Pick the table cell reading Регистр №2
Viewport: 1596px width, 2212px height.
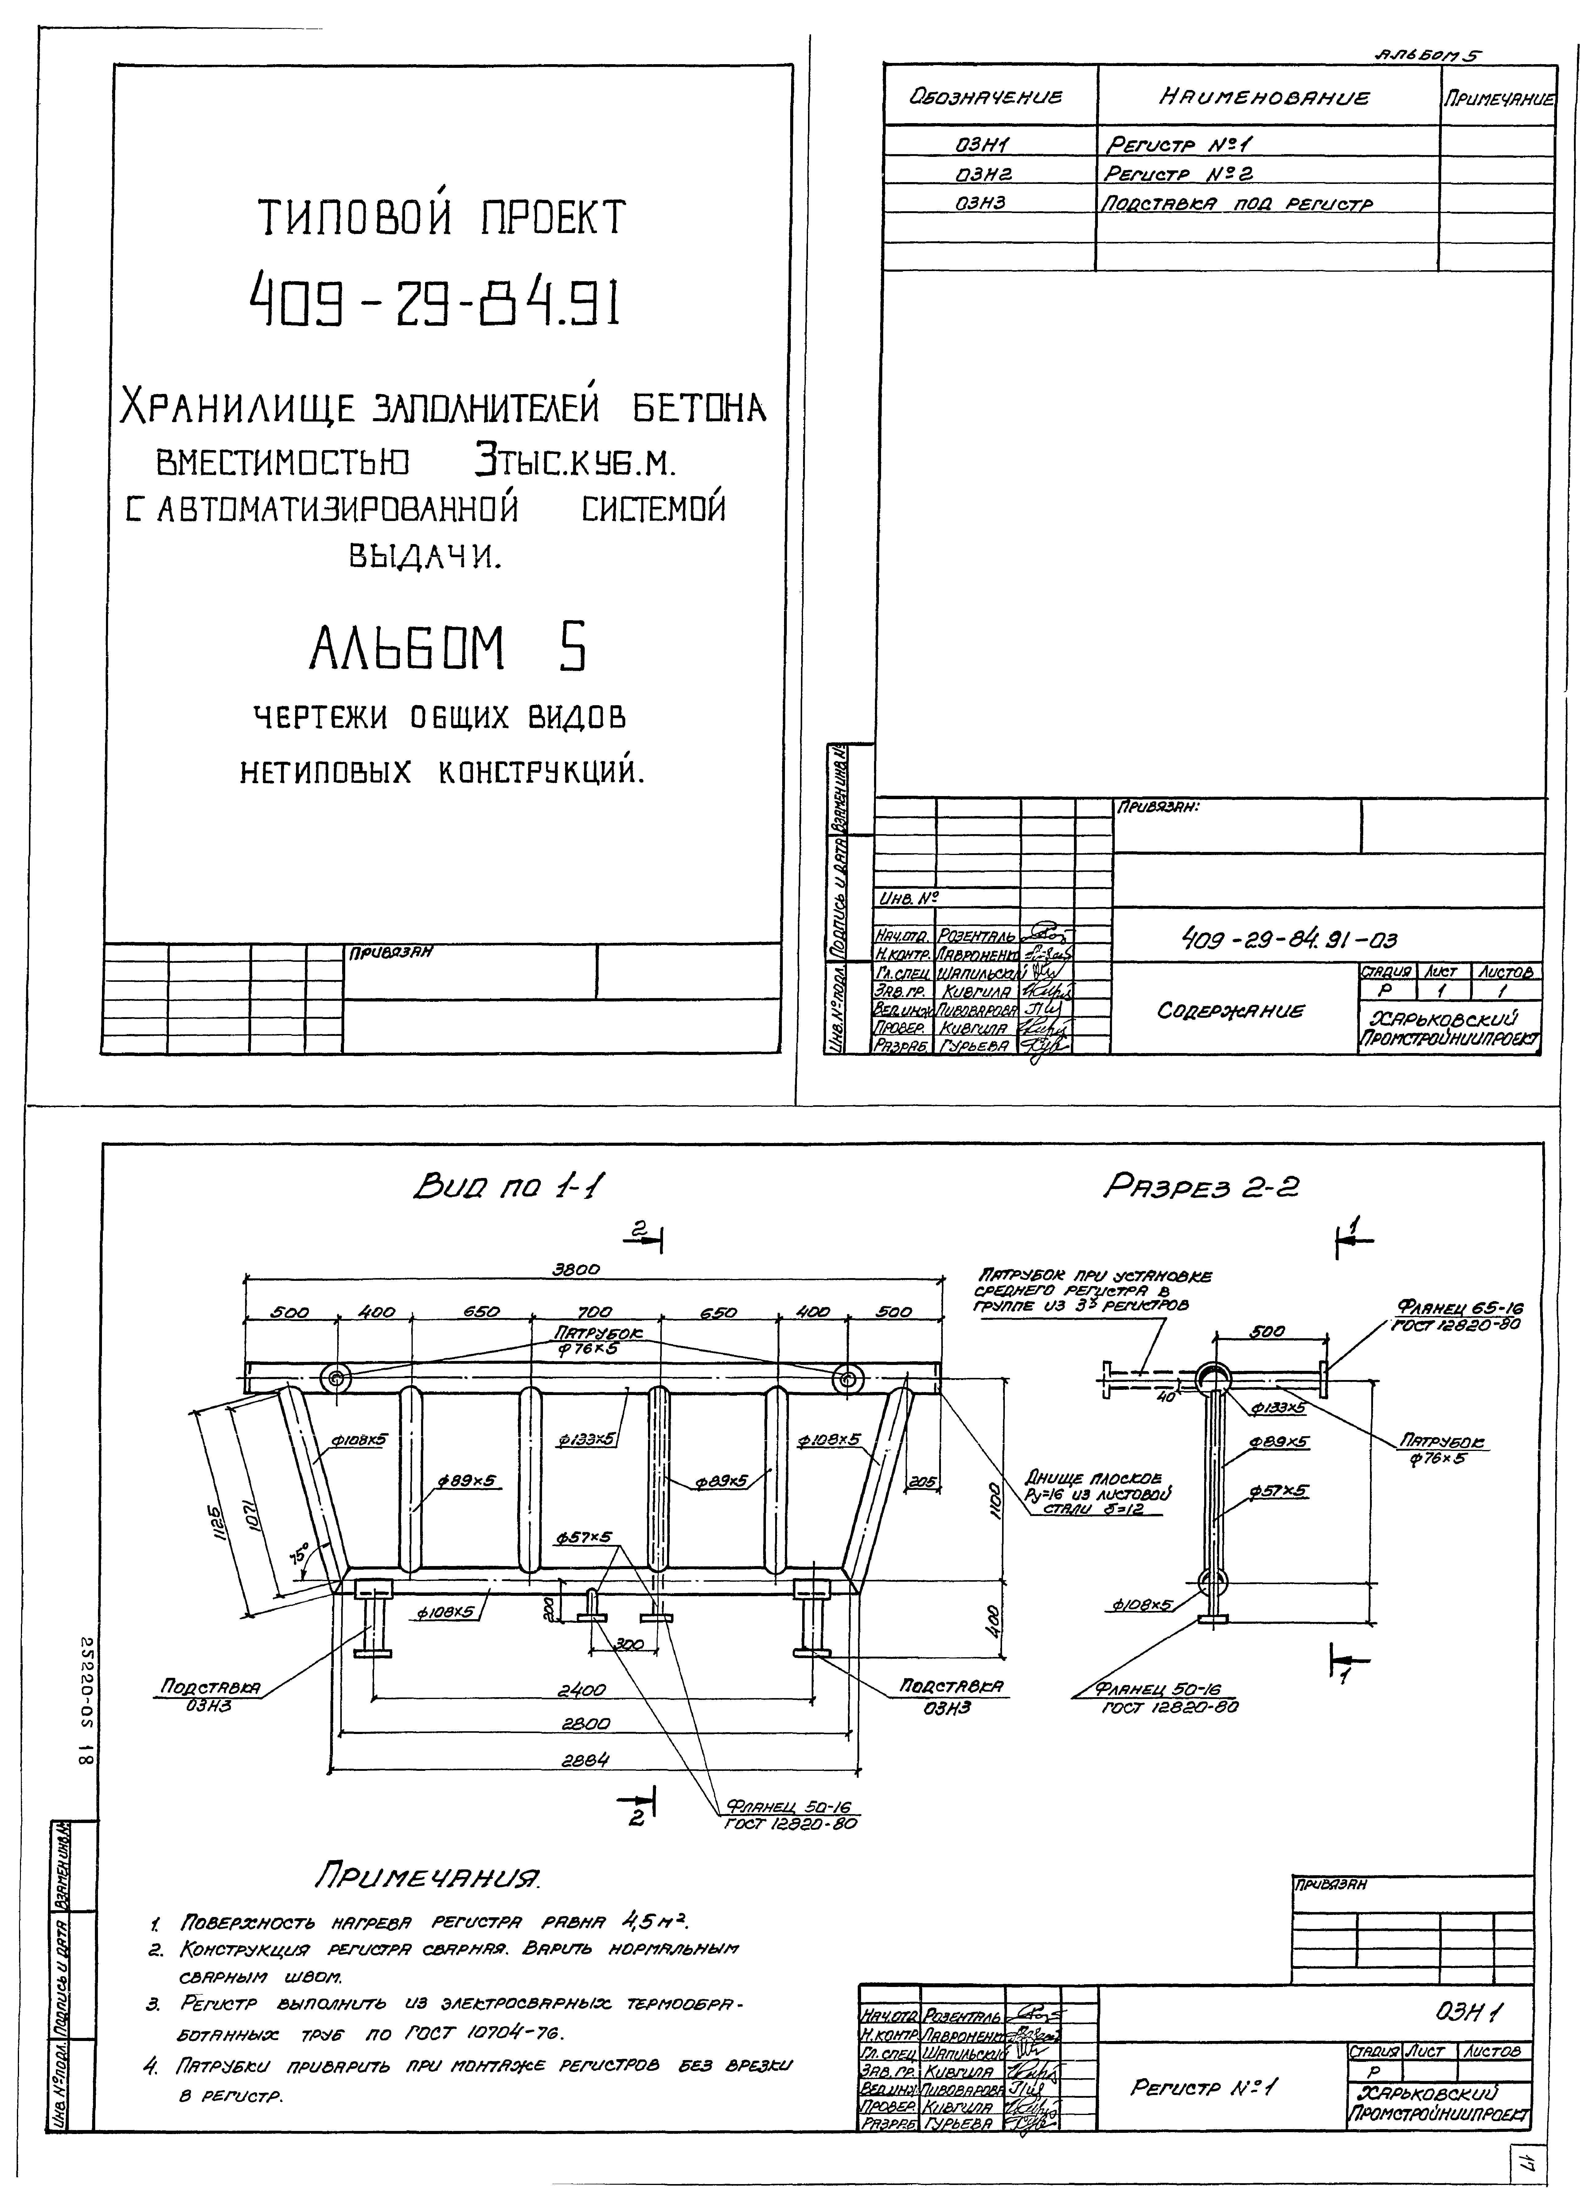coord(1178,173)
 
